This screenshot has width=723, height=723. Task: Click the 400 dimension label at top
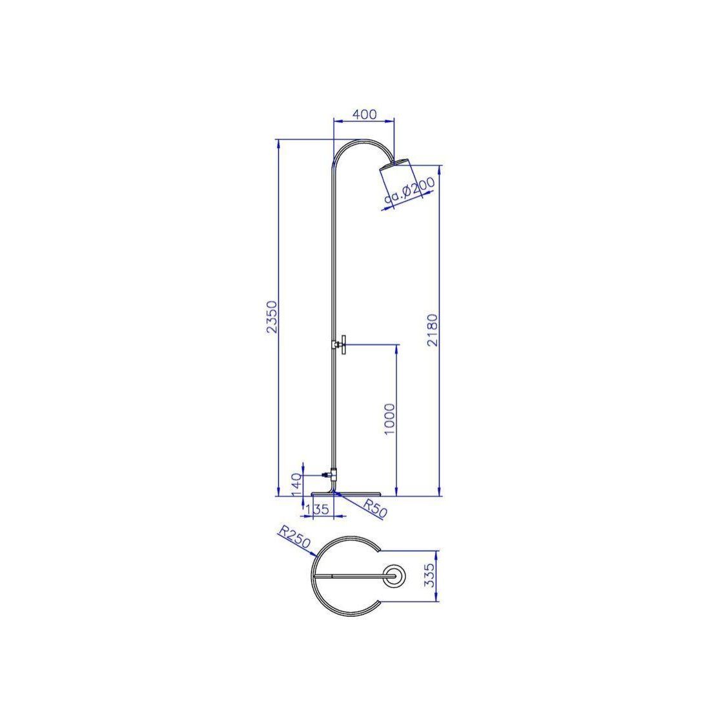(x=364, y=114)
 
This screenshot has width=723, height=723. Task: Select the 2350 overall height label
(x=272, y=317)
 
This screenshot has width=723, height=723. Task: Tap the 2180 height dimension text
(x=433, y=330)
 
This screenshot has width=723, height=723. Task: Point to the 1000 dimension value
(x=390, y=419)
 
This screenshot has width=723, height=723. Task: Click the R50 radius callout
(x=375, y=507)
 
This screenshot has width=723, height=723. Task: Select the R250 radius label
(x=294, y=537)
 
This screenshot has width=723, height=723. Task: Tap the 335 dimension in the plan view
(x=429, y=575)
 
